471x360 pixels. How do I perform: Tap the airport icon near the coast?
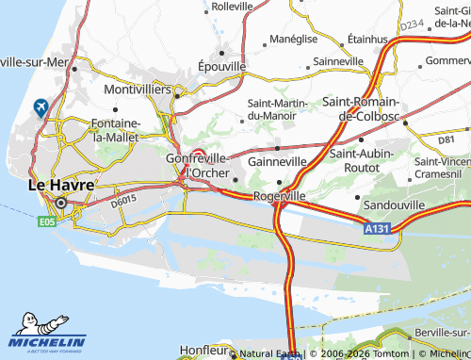point(41,107)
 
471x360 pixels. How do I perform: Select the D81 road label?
point(446,139)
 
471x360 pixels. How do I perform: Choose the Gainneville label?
point(277,161)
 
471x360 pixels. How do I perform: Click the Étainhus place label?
point(367,41)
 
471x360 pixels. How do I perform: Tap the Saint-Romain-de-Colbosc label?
point(363,108)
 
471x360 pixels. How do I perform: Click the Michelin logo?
point(47,334)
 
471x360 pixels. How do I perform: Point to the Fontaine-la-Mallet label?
point(115,130)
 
